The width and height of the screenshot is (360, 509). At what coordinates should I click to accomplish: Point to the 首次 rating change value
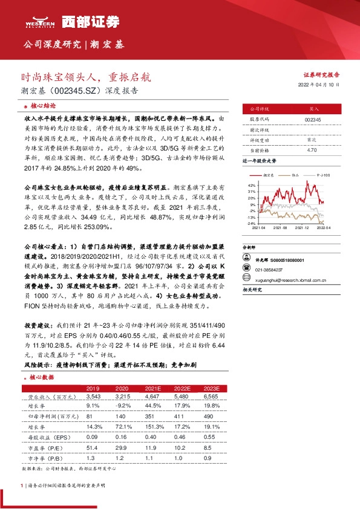(x=312, y=139)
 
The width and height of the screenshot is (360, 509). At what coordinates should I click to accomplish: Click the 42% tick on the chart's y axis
(x=252, y=184)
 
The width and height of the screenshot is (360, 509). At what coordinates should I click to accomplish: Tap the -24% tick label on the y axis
(x=251, y=223)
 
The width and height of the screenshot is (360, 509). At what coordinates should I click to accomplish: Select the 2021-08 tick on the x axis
(x=280, y=228)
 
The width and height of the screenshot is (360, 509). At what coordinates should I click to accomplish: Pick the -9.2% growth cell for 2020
(x=123, y=406)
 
